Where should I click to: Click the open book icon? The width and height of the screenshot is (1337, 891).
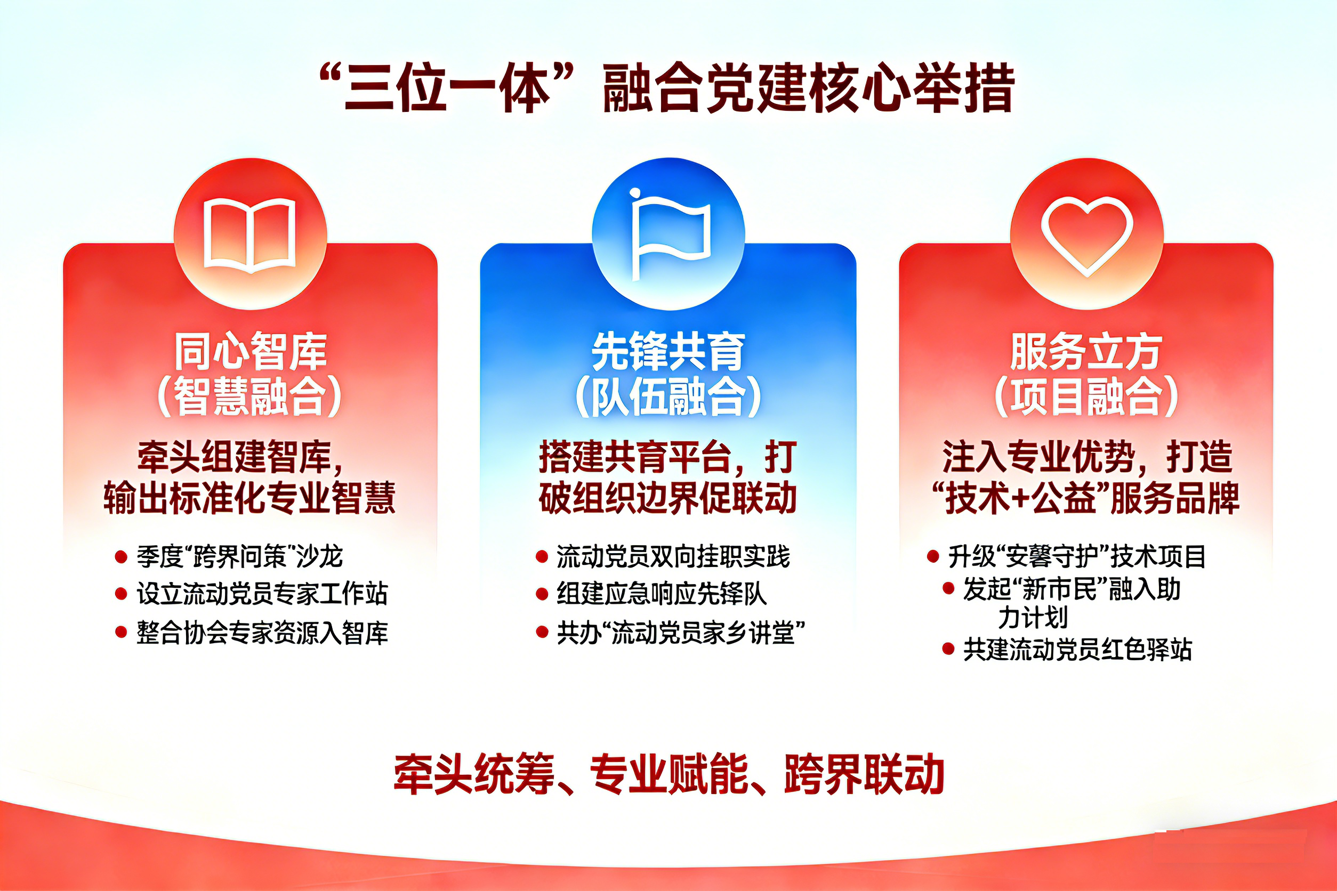point(250,234)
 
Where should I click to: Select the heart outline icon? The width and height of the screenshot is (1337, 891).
point(1087,234)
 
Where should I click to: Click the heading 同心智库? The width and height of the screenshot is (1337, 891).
point(250,351)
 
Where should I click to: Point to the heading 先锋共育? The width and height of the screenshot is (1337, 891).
point(669,351)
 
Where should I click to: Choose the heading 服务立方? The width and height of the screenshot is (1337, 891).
point(1086,351)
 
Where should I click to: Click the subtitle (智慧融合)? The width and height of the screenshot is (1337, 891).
point(250,396)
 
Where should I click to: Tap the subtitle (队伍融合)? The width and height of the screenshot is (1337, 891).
point(669,396)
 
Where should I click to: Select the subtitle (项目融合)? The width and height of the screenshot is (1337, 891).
point(1086,396)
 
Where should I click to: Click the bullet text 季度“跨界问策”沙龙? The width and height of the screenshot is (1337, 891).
point(239,556)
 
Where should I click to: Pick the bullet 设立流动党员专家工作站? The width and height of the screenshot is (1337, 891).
point(262,594)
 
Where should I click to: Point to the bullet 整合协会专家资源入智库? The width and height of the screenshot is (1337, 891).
point(262,633)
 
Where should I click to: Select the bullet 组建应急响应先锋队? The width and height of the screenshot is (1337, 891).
point(662,594)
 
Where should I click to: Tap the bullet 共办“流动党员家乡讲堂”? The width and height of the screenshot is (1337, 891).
point(680,633)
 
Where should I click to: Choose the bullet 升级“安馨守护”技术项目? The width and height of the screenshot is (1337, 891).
point(1077,556)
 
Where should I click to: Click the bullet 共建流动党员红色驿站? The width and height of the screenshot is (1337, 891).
point(1077,650)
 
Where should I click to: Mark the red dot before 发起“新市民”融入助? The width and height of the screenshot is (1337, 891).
point(948,589)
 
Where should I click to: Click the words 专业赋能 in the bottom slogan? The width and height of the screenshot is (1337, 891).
point(669,774)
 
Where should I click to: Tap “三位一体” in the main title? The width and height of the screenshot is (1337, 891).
point(446,88)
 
